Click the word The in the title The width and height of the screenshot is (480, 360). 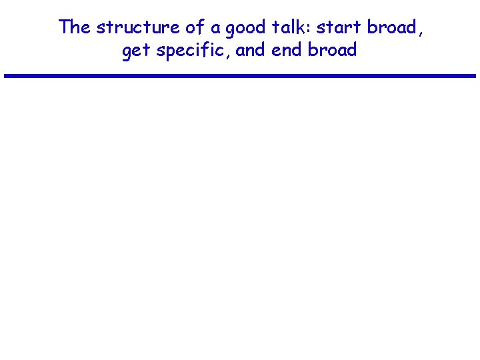75,27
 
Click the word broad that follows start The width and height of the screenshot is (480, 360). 393,27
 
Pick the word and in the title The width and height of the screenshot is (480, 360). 251,50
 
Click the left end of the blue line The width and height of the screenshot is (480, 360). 6,76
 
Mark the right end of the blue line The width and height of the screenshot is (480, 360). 474,76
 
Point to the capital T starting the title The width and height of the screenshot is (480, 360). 65,27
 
